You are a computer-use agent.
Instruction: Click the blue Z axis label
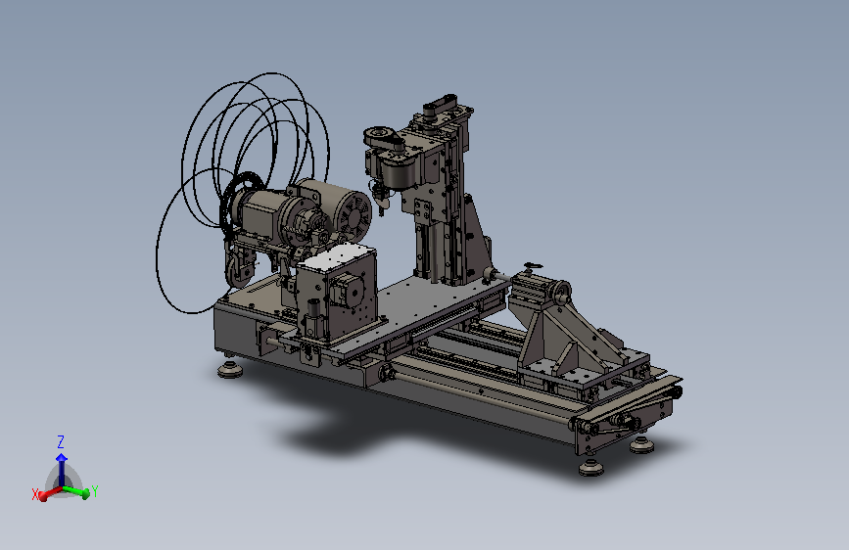tap(61, 441)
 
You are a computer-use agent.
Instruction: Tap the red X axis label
tap(35, 494)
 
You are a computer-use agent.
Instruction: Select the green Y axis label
tap(95, 491)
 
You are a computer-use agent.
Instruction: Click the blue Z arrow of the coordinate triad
tap(61, 469)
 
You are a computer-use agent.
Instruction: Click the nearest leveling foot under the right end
tap(590, 467)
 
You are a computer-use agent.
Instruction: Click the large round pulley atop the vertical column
tap(383, 136)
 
